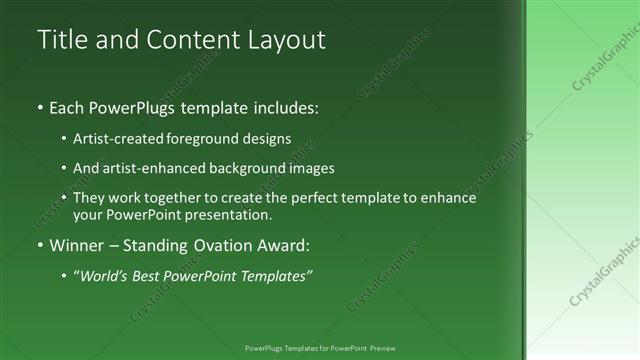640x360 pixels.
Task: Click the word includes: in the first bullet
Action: coord(283,106)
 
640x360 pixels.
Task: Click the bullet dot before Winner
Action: coord(40,244)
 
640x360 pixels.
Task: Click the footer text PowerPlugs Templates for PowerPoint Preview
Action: coord(320,348)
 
